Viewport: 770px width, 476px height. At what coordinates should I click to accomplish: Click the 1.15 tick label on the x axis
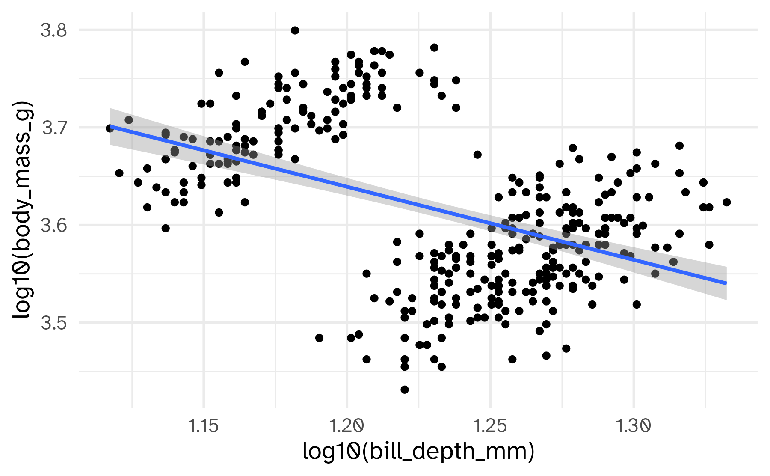pos(204,426)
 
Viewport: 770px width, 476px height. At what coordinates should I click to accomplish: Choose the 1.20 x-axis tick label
pos(347,426)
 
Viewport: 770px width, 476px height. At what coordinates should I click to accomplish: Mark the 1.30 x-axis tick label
pos(634,426)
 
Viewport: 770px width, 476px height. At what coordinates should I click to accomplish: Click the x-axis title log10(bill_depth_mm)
pos(418,452)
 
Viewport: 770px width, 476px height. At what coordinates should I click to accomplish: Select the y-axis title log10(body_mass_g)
pos(22,210)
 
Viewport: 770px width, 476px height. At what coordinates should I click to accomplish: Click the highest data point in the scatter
pos(295,30)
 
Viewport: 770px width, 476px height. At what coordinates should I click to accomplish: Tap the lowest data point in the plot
pos(405,390)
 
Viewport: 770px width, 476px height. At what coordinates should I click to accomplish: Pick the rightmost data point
pos(726,202)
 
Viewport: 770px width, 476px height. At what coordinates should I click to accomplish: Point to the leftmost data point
pos(110,128)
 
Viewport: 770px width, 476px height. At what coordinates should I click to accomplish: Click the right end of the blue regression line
pos(726,283)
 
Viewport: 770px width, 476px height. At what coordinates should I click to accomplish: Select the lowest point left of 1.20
pos(319,338)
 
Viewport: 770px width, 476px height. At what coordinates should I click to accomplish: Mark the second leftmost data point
pos(119,173)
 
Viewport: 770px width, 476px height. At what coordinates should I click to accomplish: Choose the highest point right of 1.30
pos(679,146)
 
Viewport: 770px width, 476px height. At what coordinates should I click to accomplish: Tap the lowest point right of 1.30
pos(637,304)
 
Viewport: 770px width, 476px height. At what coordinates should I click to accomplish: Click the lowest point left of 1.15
pos(166,228)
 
